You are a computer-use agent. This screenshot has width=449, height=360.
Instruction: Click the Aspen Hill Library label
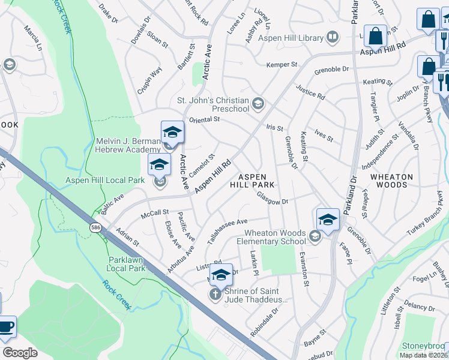tap(291, 38)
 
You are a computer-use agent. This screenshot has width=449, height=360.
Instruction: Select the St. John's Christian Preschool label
tap(213, 104)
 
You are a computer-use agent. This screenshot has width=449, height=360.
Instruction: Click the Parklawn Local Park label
tap(127, 264)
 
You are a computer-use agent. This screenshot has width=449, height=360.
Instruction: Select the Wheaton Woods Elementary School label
tap(276, 237)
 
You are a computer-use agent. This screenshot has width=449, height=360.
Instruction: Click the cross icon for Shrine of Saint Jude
tap(215, 294)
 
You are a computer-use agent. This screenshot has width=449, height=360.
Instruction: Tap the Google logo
tap(19, 353)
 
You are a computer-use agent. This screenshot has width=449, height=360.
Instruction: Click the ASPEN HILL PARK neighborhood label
tap(256, 181)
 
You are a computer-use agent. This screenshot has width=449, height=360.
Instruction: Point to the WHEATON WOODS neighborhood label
tap(392, 181)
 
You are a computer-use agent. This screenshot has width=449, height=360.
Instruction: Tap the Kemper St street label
tap(282, 64)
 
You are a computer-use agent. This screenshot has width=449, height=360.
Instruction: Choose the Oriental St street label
tap(205, 119)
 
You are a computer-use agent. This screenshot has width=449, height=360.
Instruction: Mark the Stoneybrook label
tap(425, 346)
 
